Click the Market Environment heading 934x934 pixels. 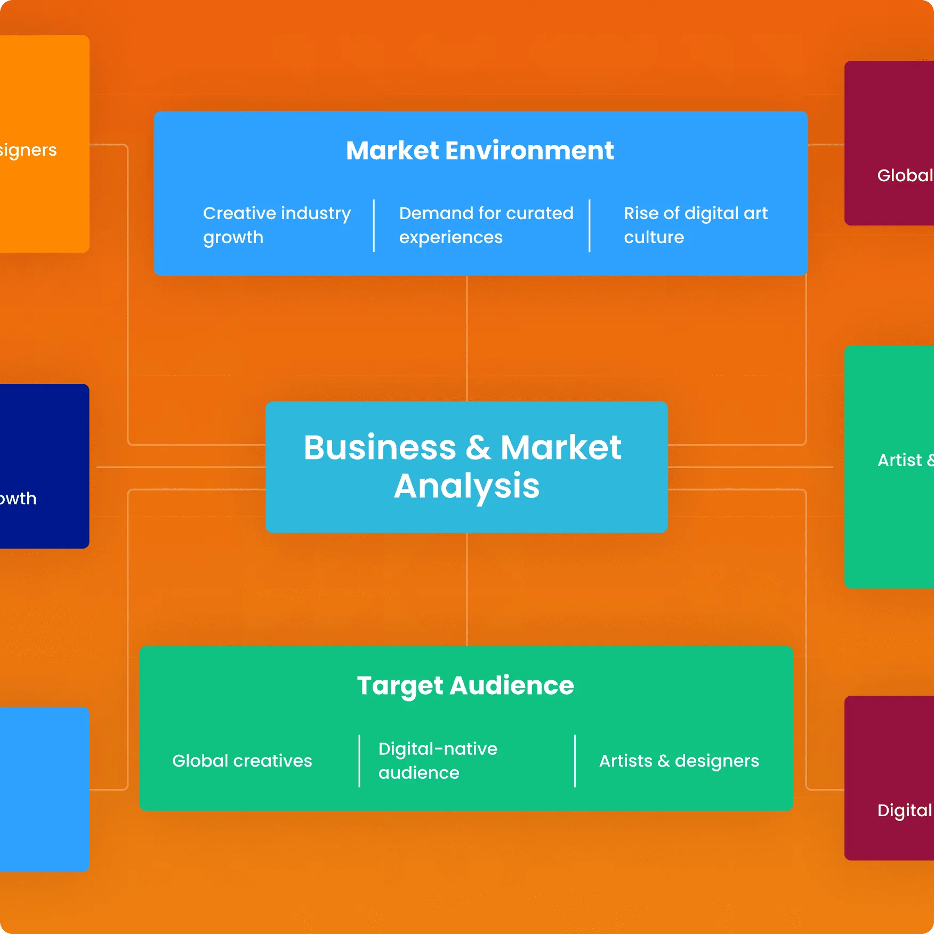(x=480, y=151)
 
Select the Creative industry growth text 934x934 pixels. (x=277, y=225)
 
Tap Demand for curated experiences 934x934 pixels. (x=486, y=225)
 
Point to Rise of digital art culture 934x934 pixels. (x=695, y=225)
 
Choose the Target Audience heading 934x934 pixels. (x=465, y=686)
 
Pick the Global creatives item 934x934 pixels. (x=242, y=761)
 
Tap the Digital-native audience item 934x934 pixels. (x=438, y=761)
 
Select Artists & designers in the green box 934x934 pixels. (x=679, y=761)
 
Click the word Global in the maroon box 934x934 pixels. (x=905, y=175)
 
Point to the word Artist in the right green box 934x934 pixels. (x=899, y=460)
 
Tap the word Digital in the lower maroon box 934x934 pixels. (x=904, y=810)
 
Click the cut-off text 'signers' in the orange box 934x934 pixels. (x=28, y=150)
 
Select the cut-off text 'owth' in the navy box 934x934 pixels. (x=18, y=498)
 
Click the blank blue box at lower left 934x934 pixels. (x=44, y=789)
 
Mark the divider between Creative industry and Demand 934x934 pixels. (x=374, y=226)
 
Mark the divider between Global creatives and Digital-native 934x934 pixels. (x=359, y=761)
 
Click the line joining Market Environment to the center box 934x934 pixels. (x=467, y=339)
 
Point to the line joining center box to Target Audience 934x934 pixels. (x=467, y=589)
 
